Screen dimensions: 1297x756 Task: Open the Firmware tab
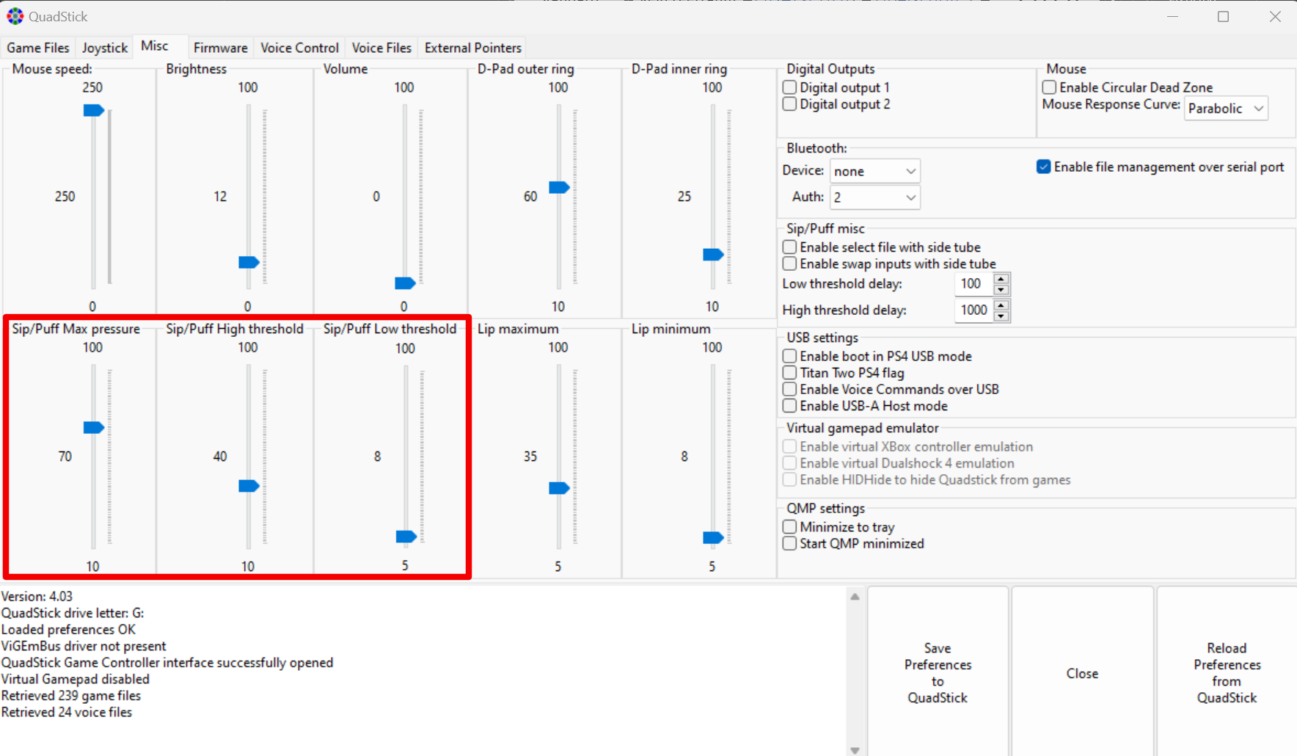pos(220,48)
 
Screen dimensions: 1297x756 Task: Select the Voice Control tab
pos(299,48)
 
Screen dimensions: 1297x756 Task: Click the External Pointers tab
pos(473,48)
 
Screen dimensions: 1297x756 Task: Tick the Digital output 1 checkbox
pos(790,87)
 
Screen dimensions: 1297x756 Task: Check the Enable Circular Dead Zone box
pos(1050,87)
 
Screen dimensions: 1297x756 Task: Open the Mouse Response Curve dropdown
pos(1226,109)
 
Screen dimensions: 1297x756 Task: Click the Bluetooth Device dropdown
pos(874,171)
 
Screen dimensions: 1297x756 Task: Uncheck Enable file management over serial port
pos(1044,167)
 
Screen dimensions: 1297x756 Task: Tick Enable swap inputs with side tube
pos(790,263)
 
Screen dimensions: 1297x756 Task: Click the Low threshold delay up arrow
pos(1001,278)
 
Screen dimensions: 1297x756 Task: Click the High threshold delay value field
pos(973,310)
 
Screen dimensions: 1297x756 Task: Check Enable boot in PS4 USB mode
pos(790,356)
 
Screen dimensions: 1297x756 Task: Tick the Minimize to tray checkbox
pos(790,527)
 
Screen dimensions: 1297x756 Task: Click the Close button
pos(1082,673)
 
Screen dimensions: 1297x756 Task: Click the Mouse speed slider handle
pos(94,110)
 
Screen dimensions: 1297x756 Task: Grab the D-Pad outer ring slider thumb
pos(560,187)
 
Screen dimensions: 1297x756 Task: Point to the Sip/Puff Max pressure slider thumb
pos(94,427)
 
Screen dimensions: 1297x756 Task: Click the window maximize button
pos(1223,16)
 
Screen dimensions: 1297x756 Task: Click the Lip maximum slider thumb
pos(560,488)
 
